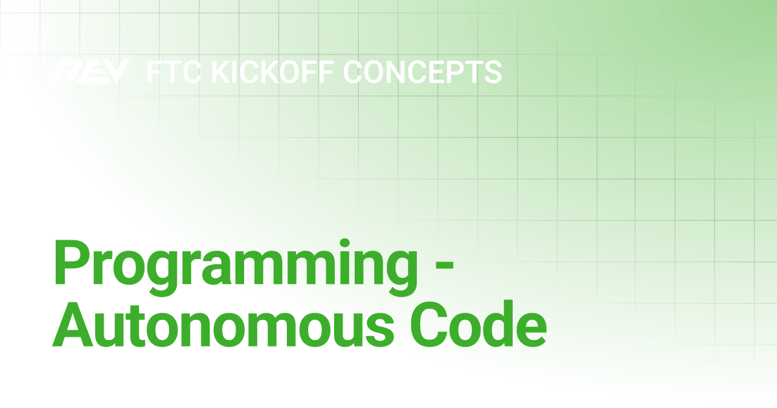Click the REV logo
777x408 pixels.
pos(91,71)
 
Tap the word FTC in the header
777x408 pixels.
pos(174,72)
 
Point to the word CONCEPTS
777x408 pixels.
pos(422,72)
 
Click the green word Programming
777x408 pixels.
pos(236,267)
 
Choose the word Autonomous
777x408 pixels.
pos(223,327)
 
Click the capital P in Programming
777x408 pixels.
pos(71,263)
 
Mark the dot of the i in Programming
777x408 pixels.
pos(344,244)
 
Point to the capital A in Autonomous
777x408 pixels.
pos(73,326)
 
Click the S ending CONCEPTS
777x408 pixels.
pos(493,72)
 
